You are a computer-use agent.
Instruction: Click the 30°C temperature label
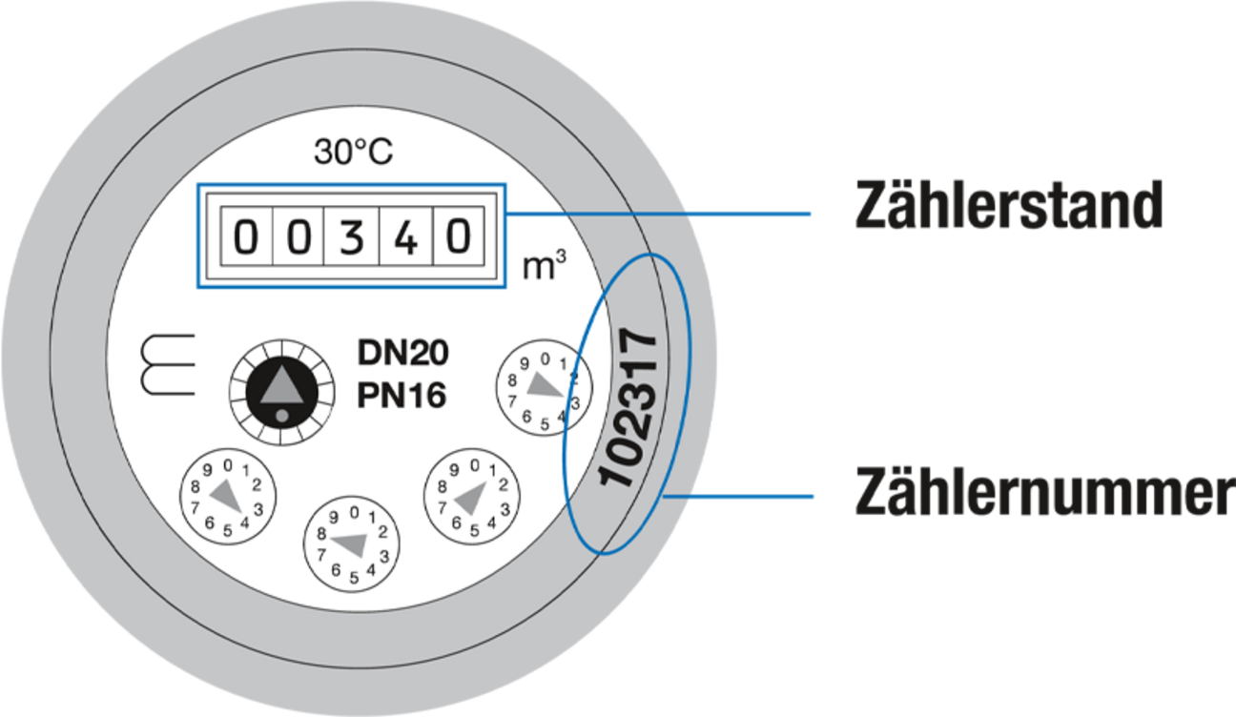(x=353, y=153)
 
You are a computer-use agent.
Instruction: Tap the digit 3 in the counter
(x=353, y=237)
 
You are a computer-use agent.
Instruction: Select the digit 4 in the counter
(x=406, y=237)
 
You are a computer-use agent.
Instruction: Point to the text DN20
(x=402, y=353)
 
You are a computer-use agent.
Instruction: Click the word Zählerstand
(x=1007, y=205)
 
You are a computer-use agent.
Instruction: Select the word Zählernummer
(x=1041, y=492)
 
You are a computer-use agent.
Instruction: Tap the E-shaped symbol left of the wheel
(x=168, y=364)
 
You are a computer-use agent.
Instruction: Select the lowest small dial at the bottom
(x=352, y=543)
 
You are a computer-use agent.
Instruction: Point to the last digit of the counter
(x=459, y=237)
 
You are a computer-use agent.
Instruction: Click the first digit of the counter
(x=246, y=237)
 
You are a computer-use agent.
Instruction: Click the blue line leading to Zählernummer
(x=744, y=497)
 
